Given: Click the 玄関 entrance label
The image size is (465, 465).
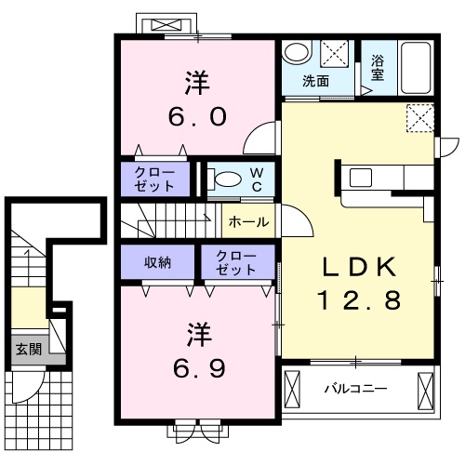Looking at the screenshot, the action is pos(29,350).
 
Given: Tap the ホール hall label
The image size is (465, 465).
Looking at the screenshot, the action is pos(248,222).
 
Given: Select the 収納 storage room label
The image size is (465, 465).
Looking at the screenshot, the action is pos(157,262).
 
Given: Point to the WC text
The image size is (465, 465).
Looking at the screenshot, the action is pos(257,179).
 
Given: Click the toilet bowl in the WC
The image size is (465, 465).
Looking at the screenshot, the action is pos(229,179).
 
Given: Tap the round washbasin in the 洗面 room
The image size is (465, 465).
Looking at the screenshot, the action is pos(297,52).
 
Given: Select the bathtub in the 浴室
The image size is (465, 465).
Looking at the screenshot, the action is pos(416,68).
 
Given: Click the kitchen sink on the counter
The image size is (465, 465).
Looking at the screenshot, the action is pos(361,178).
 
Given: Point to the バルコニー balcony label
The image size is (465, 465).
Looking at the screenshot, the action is pos(355,389).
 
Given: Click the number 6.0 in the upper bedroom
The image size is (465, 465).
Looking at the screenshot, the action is pos(197,117).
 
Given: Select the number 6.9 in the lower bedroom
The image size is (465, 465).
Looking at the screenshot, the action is pos(199,368).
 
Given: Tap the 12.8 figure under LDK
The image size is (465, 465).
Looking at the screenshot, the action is pos(359,300).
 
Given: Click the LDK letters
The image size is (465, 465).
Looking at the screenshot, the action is pos(359,267).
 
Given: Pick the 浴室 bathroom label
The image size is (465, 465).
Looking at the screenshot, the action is pos(378,68).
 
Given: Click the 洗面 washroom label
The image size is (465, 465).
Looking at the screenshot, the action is pos(315,81).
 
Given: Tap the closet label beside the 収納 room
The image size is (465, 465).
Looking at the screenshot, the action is pos(236,263).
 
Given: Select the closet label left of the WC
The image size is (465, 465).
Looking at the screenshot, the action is pos(154,179).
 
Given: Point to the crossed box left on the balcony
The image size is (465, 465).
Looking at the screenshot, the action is pos(292,391).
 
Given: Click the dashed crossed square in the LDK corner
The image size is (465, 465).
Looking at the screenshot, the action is pos(420,118).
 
